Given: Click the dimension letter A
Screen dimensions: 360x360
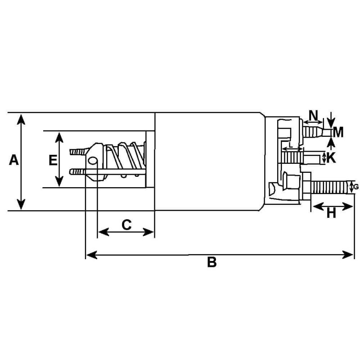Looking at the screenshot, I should click(x=14, y=160).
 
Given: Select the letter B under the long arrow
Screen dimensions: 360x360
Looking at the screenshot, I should click(x=212, y=262).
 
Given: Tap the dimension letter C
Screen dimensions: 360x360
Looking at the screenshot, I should click(x=127, y=225).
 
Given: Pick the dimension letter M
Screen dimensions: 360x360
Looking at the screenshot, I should click(x=338, y=132).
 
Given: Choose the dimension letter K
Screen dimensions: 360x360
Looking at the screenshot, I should click(x=331, y=157).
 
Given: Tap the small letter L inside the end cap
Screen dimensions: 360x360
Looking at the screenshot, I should click(x=291, y=145).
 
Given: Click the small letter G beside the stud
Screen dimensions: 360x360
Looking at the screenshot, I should click(x=356, y=187).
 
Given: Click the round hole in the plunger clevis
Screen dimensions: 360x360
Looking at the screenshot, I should click(x=93, y=160).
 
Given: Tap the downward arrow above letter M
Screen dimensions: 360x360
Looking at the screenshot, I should click(x=331, y=121).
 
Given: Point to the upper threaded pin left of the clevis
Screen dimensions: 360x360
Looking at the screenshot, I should click(x=77, y=152).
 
